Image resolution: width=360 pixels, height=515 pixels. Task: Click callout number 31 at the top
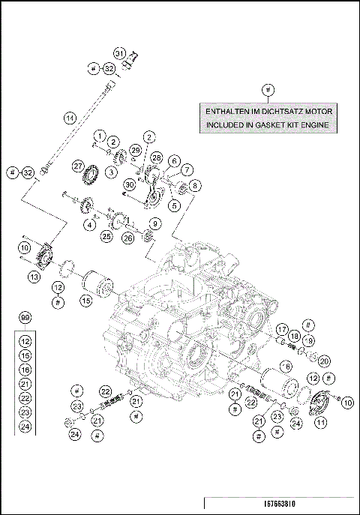tap(118, 52)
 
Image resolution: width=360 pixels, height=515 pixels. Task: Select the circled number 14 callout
tap(69, 118)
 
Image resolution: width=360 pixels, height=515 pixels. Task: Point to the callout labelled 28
tap(156, 157)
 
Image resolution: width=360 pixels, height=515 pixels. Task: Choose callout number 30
tap(129, 184)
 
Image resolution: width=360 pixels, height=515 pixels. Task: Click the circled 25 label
tap(106, 236)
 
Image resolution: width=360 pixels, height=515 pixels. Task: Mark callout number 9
tap(154, 223)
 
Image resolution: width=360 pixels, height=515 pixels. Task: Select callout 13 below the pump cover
tap(33, 277)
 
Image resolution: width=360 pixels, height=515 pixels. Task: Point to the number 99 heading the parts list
tap(25, 319)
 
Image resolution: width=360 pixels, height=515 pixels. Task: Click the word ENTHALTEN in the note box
tap(229, 111)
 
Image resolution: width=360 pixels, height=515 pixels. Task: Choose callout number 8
tap(194, 184)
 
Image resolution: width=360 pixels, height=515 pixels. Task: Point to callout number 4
tap(89, 224)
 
